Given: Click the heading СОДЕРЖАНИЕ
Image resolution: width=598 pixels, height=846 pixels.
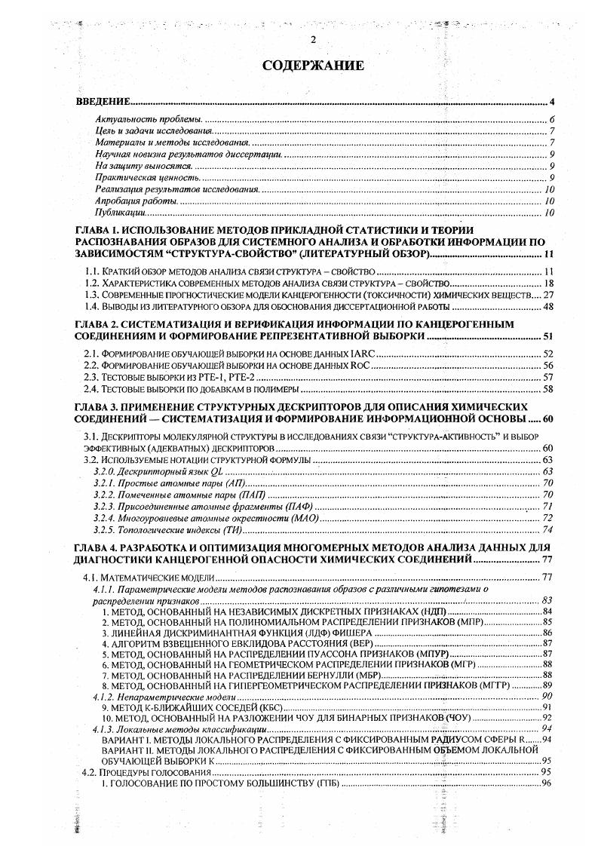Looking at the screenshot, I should [x=313, y=66].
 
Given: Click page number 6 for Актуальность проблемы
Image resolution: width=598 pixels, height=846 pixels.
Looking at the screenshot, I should [x=552, y=120].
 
